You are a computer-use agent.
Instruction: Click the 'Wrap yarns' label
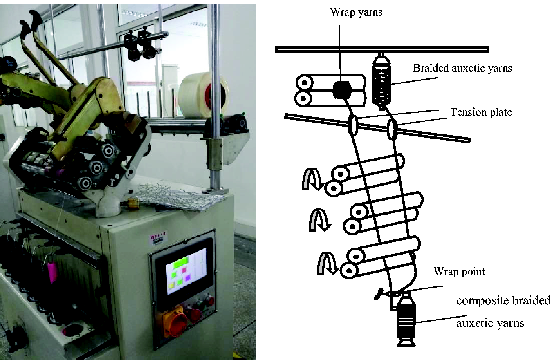[356, 12]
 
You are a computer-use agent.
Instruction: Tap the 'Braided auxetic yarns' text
[462, 68]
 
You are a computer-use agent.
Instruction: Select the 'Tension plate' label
[481, 112]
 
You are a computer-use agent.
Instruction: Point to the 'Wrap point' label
[459, 272]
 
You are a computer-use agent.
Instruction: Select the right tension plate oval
[392, 129]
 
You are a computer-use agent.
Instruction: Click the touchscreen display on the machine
[186, 271]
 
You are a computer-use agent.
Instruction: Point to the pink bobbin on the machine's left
[52, 272]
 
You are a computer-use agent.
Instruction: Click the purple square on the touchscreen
[188, 278]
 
